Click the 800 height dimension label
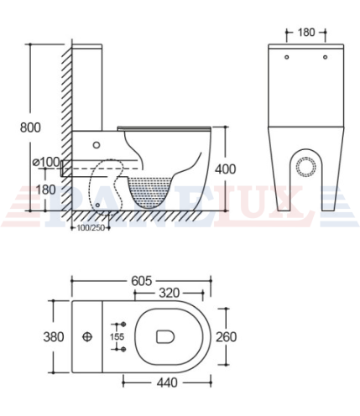click(x=30, y=127)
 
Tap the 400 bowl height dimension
click(x=225, y=169)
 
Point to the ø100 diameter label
click(x=46, y=162)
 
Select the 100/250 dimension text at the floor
click(x=91, y=228)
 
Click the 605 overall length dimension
click(x=142, y=281)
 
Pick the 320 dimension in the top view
click(x=169, y=293)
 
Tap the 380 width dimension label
click(x=54, y=336)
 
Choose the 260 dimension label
click(x=226, y=336)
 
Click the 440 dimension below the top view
click(x=167, y=382)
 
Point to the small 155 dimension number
click(x=117, y=336)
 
